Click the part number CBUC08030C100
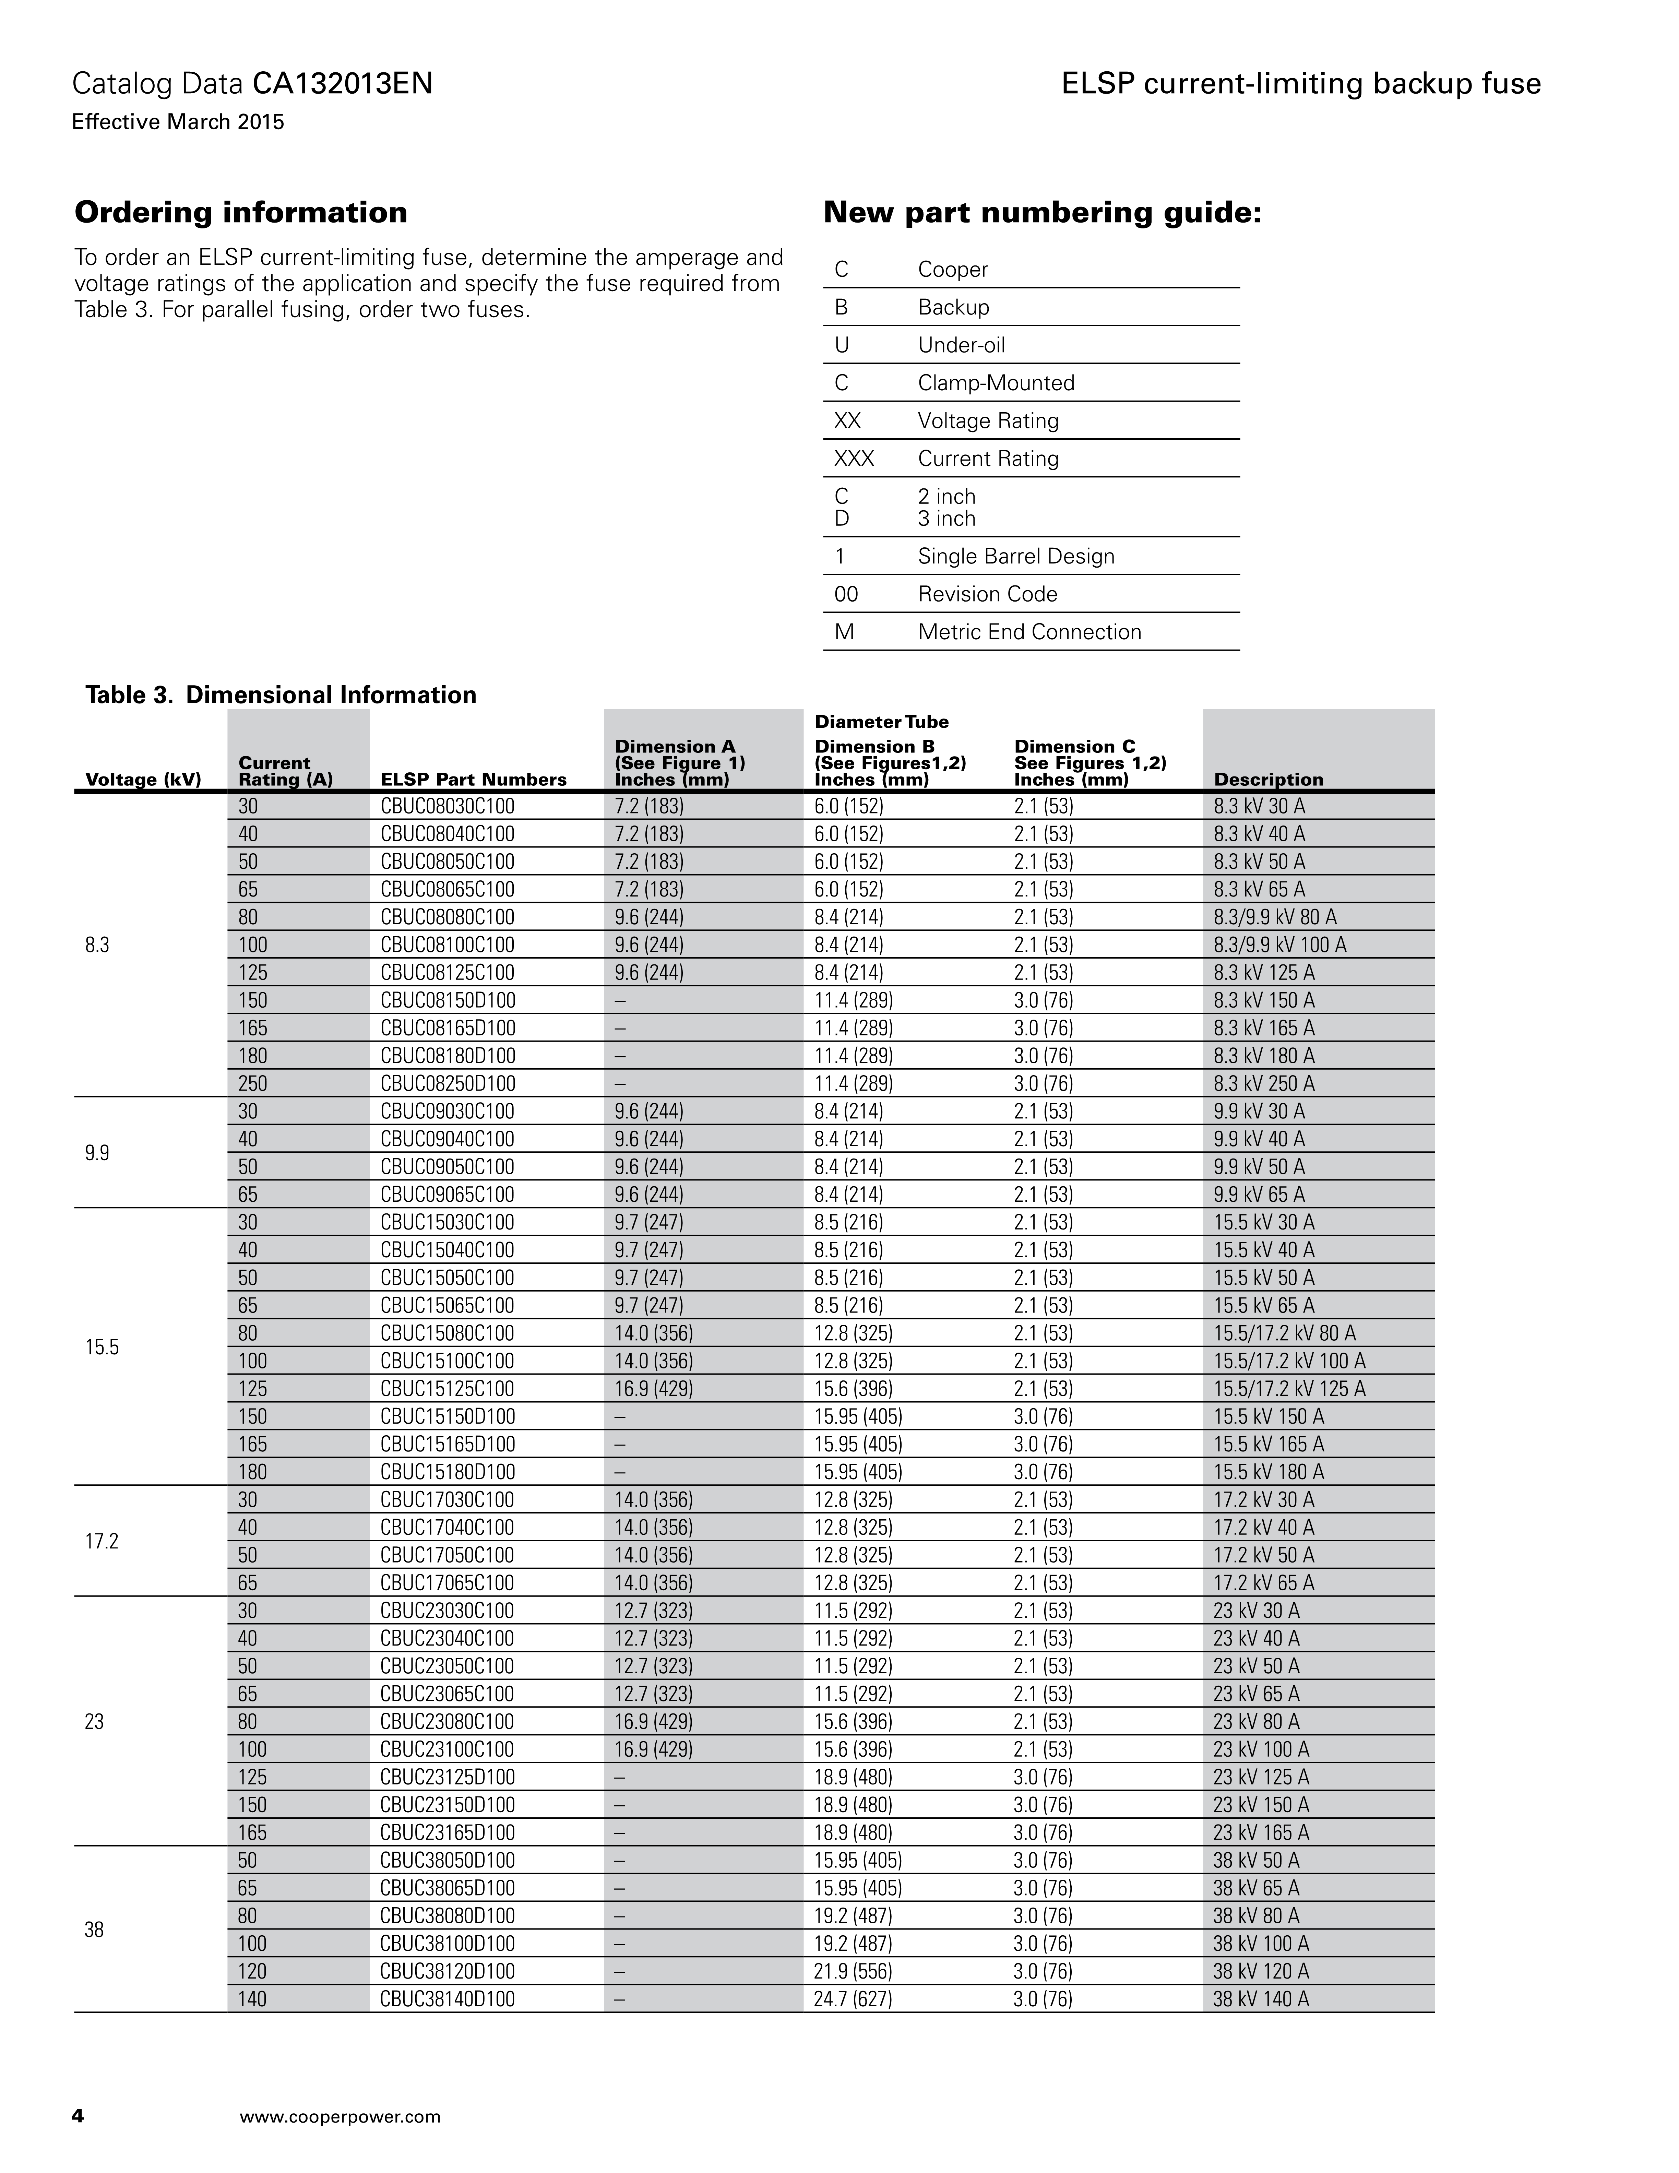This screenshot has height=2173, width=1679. tap(448, 806)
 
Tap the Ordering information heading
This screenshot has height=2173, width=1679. tap(241, 212)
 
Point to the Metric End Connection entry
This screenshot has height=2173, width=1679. tap(1029, 632)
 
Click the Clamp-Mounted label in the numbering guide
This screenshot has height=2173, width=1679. tap(996, 383)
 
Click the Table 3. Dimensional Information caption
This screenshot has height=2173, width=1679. tap(281, 694)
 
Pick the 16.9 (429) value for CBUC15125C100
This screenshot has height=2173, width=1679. tap(654, 1389)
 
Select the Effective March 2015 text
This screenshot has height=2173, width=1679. tap(178, 122)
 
